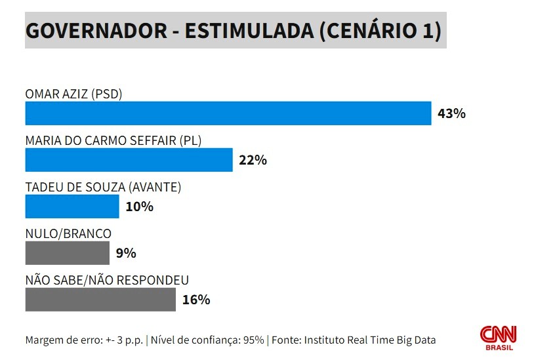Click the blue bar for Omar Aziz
tap(228, 113)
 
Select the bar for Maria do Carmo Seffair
tap(129, 160)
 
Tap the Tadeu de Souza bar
tap(72, 207)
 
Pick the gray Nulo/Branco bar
tap(68, 253)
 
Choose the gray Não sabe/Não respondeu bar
tap(100, 300)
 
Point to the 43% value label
tap(451, 113)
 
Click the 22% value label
tap(253, 160)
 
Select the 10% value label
tap(140, 207)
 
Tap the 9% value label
tap(126, 254)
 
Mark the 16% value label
tap(196, 300)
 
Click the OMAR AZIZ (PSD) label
tap(73, 94)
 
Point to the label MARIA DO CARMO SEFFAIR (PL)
tap(113, 141)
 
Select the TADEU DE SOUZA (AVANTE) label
tap(103, 188)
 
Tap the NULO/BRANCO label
tap(68, 234)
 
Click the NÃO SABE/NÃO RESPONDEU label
tap(107, 281)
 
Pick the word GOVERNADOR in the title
tap(96, 31)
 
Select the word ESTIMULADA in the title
tap(249, 31)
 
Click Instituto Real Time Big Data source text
tap(370, 340)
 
